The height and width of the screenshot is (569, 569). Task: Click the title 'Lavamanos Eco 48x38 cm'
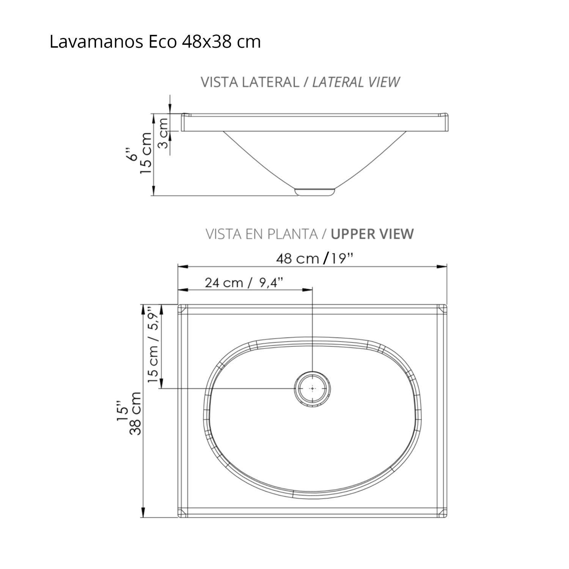pos(155,42)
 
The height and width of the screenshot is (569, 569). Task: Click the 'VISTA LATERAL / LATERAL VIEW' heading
pos(300,82)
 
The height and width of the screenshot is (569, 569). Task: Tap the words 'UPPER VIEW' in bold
pos(372,234)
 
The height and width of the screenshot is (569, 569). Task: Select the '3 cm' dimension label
pos(163,133)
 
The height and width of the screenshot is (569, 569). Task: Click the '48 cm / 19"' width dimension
pos(315,259)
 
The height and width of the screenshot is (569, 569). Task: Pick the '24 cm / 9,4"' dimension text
pos(244,283)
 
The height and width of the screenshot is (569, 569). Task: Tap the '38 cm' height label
pos(135,413)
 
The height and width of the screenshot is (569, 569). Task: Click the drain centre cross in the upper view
pos(312,388)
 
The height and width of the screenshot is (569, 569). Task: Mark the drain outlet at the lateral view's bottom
pos(315,191)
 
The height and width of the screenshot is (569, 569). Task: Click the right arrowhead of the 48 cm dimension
pos(443,267)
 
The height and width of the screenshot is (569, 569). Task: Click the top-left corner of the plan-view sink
pos(179,305)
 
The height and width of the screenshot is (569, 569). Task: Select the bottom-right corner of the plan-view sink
pos(447,517)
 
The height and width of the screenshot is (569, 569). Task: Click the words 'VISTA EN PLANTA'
pos(261,234)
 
